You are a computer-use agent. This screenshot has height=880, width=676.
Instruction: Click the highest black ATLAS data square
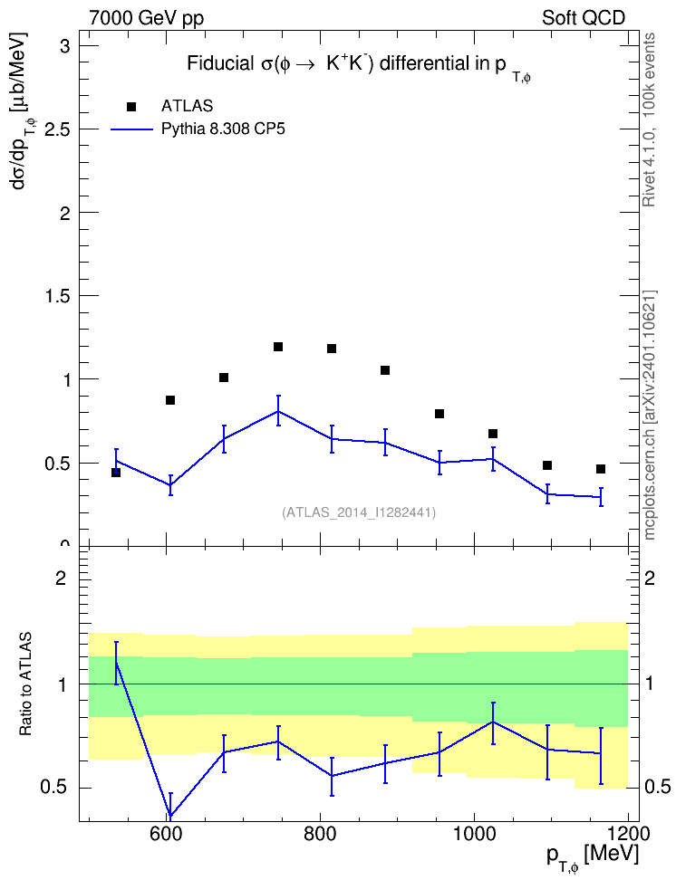click(x=278, y=347)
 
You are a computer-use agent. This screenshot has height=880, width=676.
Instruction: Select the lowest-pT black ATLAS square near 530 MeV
click(x=116, y=473)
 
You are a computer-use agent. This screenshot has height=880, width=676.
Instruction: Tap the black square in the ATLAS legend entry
click(x=131, y=106)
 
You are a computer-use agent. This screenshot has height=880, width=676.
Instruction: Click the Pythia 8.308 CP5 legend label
click(x=223, y=129)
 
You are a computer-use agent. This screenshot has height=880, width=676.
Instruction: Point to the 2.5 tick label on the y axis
click(x=57, y=129)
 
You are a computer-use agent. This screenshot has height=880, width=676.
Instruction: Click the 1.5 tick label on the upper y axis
click(x=57, y=296)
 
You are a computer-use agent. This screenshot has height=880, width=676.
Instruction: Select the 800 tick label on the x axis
click(x=320, y=834)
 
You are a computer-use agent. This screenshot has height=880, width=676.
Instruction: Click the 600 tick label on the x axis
click(x=167, y=834)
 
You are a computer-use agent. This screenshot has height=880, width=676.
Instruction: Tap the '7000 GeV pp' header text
click(x=146, y=18)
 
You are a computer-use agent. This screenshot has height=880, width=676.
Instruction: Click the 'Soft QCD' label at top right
click(x=584, y=18)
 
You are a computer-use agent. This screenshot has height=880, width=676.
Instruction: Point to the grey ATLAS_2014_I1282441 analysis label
click(x=359, y=512)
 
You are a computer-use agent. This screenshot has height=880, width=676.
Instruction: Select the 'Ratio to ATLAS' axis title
click(x=25, y=684)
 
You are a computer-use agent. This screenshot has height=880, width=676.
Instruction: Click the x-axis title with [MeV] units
click(x=594, y=856)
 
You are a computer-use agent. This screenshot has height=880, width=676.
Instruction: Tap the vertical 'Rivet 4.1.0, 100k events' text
click(x=649, y=120)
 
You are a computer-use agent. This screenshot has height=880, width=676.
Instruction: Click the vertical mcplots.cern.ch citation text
click(x=650, y=416)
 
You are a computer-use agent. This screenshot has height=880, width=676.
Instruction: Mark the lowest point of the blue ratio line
click(x=170, y=816)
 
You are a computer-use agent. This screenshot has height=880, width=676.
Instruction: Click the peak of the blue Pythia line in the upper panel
click(x=278, y=411)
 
